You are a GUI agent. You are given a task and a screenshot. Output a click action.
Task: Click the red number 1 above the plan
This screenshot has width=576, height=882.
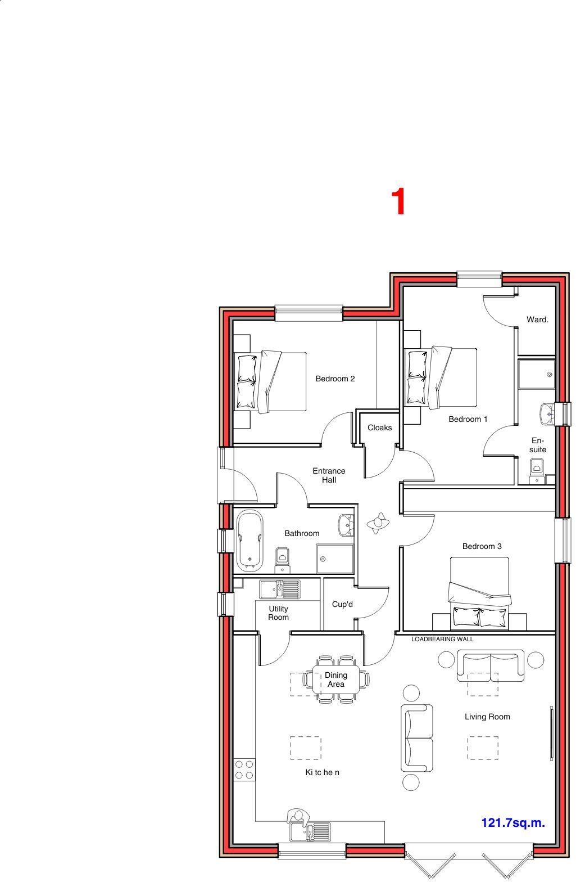coord(398,202)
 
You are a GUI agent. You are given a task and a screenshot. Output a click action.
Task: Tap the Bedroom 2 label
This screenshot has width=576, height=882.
coord(335,379)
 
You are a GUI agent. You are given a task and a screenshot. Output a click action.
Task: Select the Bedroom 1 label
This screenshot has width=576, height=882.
coord(468,419)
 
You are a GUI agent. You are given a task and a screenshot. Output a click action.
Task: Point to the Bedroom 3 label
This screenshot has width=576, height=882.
coord(482,546)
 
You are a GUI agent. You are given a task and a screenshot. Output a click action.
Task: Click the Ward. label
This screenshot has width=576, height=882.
coord(537,319)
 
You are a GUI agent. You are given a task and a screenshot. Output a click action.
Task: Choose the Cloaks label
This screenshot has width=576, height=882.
coord(379,427)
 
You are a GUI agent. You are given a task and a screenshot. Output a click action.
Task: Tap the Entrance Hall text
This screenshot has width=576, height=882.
coord(329,475)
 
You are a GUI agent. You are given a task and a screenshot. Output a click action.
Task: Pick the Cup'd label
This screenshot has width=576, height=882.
coord(342,604)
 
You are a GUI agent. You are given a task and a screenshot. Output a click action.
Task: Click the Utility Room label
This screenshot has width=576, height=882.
coord(278,613)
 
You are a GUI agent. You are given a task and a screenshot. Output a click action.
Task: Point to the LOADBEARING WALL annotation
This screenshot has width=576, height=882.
coord(442,639)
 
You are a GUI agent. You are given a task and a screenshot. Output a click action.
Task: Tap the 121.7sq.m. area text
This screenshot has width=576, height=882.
coord(513,823)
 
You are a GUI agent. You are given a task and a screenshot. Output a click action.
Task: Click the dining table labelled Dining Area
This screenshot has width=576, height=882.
coord(336,679)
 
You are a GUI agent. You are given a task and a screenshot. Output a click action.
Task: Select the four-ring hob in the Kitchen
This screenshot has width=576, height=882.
coord(244,769)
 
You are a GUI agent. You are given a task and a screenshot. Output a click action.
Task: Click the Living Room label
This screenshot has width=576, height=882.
coord(487,717)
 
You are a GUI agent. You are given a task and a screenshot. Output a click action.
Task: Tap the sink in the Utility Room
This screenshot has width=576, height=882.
coord(280,589)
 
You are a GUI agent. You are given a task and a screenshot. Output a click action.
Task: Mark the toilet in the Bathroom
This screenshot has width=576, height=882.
coord(282,557)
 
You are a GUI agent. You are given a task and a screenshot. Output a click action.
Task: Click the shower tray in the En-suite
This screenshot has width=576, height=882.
coord(537,374)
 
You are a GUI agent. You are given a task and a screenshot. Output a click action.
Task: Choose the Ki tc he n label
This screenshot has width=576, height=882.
coord(322,772)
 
